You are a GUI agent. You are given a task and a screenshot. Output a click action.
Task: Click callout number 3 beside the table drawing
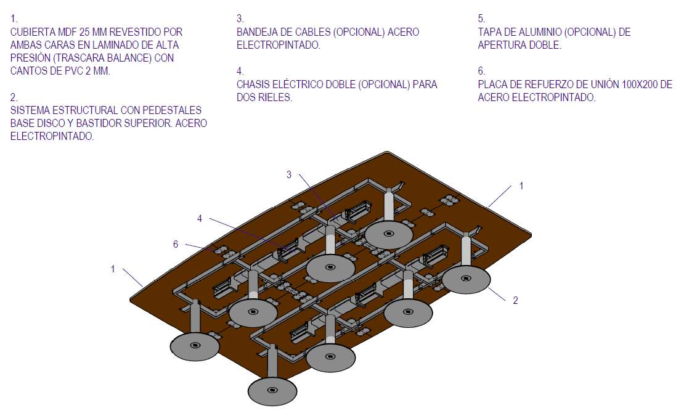289,174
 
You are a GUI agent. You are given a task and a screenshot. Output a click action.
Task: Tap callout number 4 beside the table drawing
200,218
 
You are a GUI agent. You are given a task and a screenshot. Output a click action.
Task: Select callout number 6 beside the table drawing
176,244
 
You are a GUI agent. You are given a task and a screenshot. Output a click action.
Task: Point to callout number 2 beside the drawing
516,300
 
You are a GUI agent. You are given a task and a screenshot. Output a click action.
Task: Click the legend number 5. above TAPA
481,18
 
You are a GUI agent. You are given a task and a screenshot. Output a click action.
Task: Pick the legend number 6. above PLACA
481,71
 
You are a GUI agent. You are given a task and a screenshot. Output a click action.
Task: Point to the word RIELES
274,97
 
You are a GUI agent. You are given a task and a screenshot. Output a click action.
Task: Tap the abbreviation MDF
78,32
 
